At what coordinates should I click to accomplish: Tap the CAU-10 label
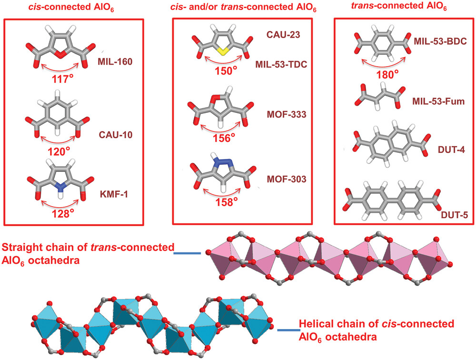114,135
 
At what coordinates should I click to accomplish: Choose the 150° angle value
225,71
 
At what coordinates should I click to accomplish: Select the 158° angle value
225,202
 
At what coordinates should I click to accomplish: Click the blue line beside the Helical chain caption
287,330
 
